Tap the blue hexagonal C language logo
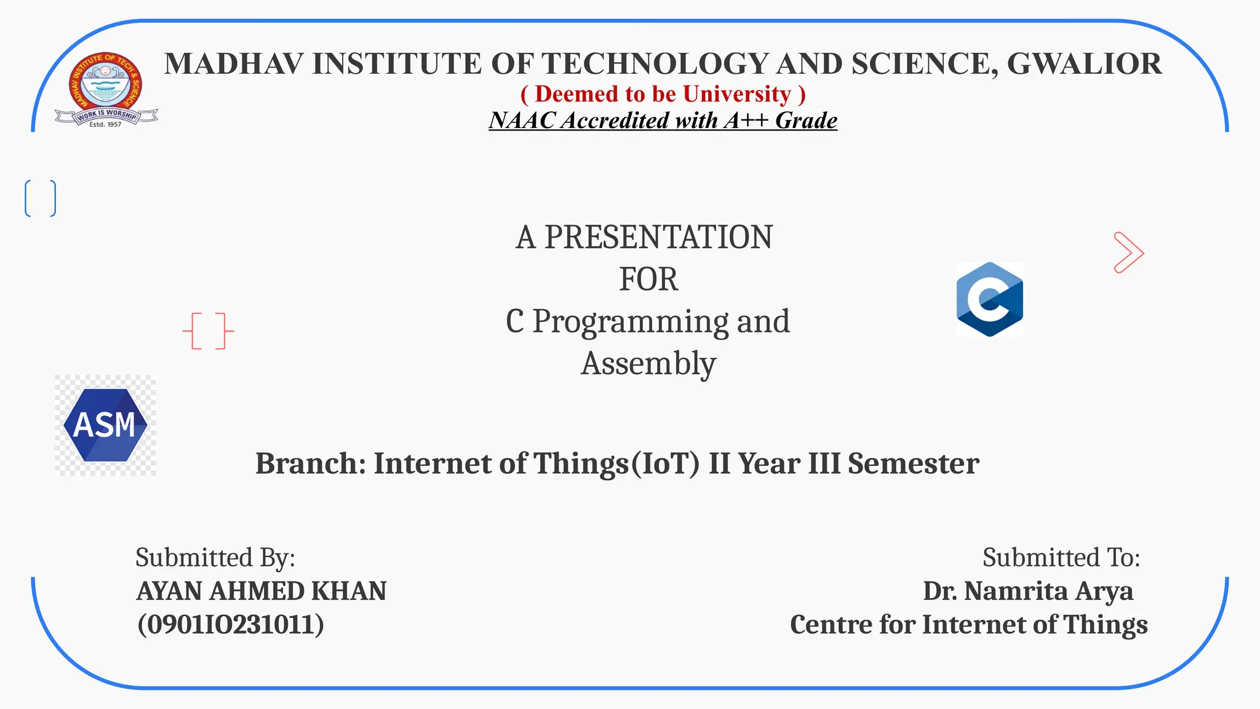coord(989,299)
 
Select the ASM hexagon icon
coord(105,425)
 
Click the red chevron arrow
coord(1128,252)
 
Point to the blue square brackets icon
coord(41,198)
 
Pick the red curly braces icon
coord(209,331)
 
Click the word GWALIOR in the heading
coord(1084,64)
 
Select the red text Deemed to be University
coord(663,94)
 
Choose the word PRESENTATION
coord(658,238)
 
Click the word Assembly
coord(648,363)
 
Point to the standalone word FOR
coord(648,279)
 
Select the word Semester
coord(913,463)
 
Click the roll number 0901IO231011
coord(231,625)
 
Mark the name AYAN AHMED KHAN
coord(261,591)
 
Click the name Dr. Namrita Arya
coord(1027,591)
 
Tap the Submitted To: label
coord(1061,558)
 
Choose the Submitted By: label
coord(215,558)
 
